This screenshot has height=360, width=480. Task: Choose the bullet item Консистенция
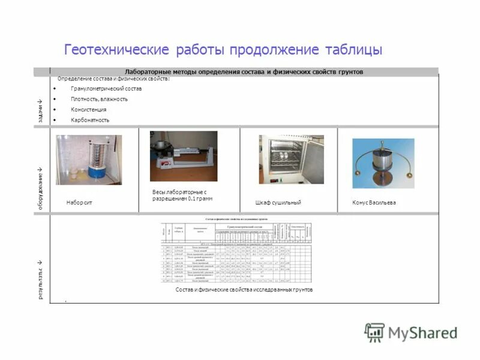pos(88,110)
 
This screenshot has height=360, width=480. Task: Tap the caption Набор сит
pos(79,203)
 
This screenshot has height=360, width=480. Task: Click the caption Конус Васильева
pos(374,203)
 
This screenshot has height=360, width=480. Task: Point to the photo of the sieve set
pos(89,160)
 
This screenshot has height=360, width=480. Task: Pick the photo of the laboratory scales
pos(184,156)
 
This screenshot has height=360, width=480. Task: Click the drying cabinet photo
pos(283,159)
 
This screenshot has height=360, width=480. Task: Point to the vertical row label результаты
pos(40,280)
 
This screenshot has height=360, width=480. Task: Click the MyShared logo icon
pos(375,332)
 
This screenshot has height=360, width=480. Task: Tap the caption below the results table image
pos(244,290)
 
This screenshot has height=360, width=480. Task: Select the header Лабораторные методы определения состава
pos(244,71)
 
